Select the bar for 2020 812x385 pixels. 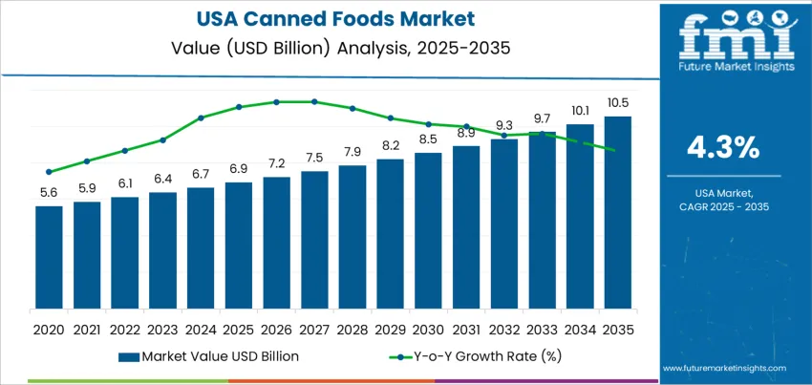(49, 257)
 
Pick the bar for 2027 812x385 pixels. (314, 240)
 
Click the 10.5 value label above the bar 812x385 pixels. (617, 103)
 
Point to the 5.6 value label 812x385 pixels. (49, 192)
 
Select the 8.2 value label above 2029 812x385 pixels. (390, 146)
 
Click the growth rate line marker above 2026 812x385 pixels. (276, 101)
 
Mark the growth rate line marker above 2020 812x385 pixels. (49, 172)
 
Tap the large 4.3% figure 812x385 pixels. (723, 147)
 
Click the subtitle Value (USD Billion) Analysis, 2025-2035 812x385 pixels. (329, 44)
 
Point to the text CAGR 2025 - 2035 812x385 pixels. (723, 206)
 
